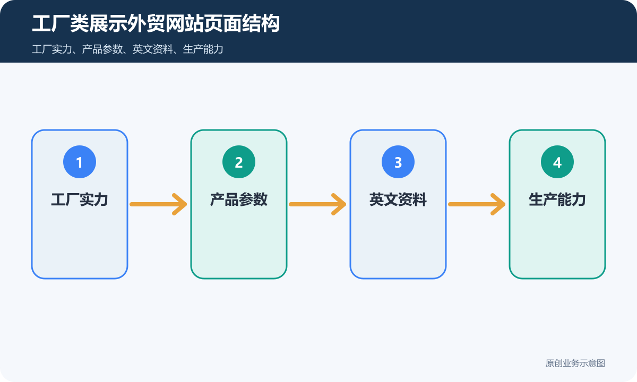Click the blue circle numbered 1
[80, 162]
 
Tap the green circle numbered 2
[239, 162]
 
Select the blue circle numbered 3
[398, 162]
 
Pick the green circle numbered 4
[557, 162]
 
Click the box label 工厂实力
[80, 199]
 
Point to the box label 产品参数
[239, 199]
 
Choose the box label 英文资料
[398, 199]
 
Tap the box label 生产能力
[557, 199]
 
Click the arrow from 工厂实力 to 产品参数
[158, 204]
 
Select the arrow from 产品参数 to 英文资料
[317, 204]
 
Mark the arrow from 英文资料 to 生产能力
[477, 204]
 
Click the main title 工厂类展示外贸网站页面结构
[156, 23]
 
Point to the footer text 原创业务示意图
[575, 363]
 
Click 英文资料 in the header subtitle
[153, 49]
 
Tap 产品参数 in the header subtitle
[102, 49]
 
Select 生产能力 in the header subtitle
[203, 49]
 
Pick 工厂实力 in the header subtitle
[52, 49]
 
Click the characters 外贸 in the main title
[146, 23]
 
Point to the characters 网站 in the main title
[184, 23]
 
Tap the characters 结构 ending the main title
[261, 23]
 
